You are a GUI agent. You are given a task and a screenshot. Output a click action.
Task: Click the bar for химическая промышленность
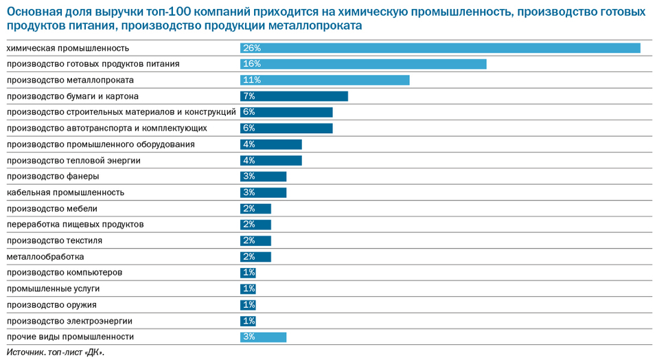pyautogui.click(x=439, y=48)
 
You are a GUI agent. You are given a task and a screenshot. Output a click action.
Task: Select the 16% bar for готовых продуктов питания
pyautogui.click(x=363, y=64)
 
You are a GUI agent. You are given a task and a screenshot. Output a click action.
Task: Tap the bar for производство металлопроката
pyautogui.click(x=325, y=80)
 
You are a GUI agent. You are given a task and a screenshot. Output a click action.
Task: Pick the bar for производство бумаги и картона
pyautogui.click(x=294, y=96)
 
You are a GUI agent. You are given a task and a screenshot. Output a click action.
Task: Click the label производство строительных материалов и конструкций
pyautogui.click(x=121, y=112)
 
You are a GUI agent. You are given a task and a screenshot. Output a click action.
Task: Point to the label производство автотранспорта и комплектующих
pyautogui.click(x=116, y=128)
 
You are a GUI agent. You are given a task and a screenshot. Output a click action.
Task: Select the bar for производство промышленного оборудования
pyautogui.click(x=271, y=144)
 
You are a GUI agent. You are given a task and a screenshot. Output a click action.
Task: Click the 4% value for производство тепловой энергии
pyautogui.click(x=249, y=161)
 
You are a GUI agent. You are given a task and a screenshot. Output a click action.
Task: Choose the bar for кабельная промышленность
pyautogui.click(x=263, y=192)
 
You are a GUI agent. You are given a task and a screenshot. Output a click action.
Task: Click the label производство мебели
pyautogui.click(x=51, y=209)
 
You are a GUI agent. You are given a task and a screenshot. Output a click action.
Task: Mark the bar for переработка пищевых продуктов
pyautogui.click(x=255, y=225)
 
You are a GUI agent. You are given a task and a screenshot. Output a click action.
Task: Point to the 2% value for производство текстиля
pyautogui.click(x=249, y=240)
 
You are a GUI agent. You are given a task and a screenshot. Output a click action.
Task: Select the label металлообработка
pyautogui.click(x=45, y=257)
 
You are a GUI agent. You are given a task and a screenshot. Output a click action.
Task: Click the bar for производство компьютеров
pyautogui.click(x=248, y=273)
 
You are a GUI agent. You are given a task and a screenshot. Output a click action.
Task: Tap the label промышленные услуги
pyautogui.click(x=53, y=289)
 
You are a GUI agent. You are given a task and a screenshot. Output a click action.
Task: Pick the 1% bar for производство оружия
pyautogui.click(x=248, y=305)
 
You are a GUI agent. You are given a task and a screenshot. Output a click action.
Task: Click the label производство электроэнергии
pyautogui.click(x=69, y=321)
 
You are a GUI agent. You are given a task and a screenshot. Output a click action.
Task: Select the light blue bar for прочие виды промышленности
pyautogui.click(x=263, y=337)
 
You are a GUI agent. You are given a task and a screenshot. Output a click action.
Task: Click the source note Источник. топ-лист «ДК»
pyautogui.click(x=56, y=352)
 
